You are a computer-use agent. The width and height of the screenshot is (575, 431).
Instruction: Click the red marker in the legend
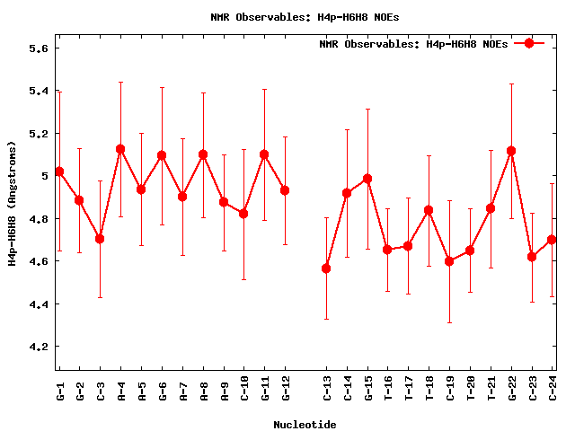point(529,43)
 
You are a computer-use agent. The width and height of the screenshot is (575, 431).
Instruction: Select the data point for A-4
point(120,149)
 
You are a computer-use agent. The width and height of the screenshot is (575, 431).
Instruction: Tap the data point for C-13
point(326,268)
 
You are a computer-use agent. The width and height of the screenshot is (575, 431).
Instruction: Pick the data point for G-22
point(511,151)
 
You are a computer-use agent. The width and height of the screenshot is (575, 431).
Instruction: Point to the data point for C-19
point(449,261)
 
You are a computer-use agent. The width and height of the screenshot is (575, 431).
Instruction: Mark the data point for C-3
point(100,239)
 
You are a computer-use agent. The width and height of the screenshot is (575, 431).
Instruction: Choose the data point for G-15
point(367,179)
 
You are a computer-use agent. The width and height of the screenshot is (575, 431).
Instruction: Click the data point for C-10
point(243,214)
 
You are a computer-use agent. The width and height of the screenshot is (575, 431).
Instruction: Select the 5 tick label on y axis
point(44,176)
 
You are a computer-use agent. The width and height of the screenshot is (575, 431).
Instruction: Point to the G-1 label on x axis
point(59,391)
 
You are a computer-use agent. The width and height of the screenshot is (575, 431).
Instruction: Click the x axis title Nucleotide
point(305,424)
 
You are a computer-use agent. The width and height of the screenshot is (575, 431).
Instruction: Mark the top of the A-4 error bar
point(120,83)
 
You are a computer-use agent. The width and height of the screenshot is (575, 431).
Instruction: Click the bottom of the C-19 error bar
point(449,322)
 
